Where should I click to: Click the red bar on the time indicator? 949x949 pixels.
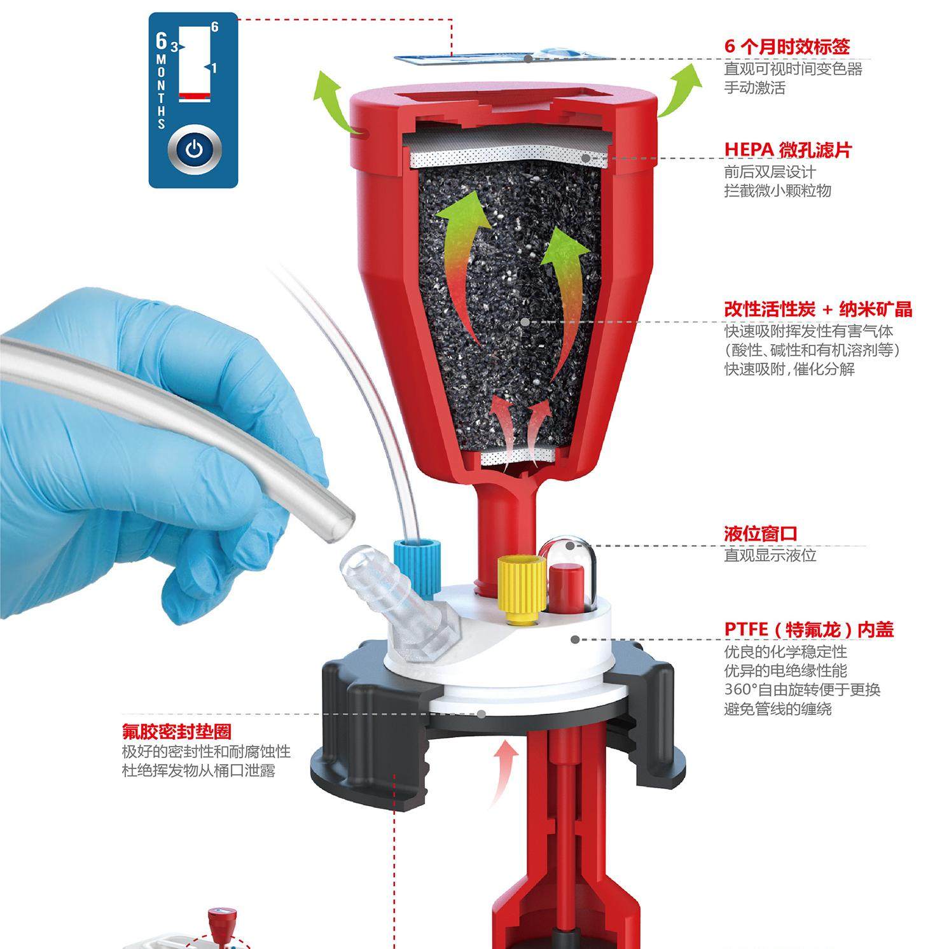tap(195, 96)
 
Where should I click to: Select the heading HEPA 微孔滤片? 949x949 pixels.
tap(787, 150)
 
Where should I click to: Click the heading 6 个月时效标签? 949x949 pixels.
tap(787, 46)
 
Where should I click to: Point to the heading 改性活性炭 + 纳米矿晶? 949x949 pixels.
tap(818, 309)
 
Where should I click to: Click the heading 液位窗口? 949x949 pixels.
tap(760, 534)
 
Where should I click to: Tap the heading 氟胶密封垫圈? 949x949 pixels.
tap(177, 731)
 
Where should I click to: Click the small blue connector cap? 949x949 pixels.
tap(413, 557)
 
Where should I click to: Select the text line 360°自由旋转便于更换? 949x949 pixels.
tap(802, 689)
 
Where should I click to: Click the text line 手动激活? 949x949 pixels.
tap(754, 88)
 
